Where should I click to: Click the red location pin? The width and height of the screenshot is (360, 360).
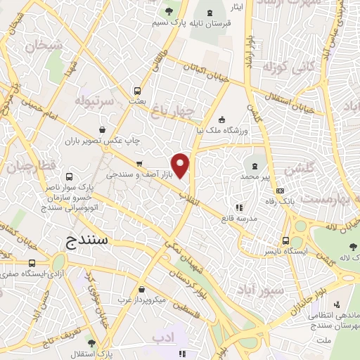coord(181,165)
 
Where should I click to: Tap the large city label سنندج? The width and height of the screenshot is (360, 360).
coord(89,241)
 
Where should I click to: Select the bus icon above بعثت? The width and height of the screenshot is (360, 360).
coord(137,90)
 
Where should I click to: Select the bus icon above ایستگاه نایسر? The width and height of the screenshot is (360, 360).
coord(285,240)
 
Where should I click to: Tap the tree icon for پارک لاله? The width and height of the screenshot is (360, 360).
coord(353,246)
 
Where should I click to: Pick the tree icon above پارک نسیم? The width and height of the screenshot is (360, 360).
coord(168,11)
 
